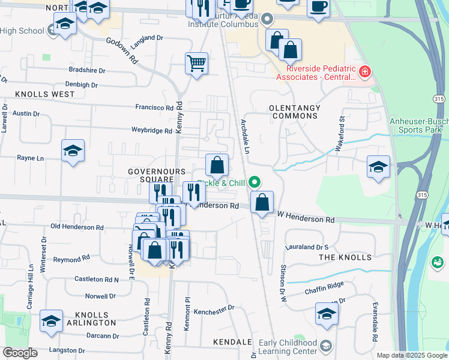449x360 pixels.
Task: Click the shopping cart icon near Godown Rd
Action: click(x=197, y=63)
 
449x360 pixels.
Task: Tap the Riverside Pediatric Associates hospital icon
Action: click(x=364, y=73)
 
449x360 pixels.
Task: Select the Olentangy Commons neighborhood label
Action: click(x=295, y=108)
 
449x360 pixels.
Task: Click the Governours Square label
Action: click(x=151, y=175)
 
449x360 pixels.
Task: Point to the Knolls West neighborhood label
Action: click(x=45, y=94)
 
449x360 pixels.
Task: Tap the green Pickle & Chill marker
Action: click(x=255, y=181)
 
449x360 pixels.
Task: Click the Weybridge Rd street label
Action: click(x=151, y=130)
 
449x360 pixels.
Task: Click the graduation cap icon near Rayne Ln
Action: click(x=73, y=151)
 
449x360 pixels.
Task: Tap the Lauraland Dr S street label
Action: click(x=307, y=247)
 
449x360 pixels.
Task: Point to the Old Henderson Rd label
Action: click(x=77, y=227)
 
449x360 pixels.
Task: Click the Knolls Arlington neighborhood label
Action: click(x=92, y=319)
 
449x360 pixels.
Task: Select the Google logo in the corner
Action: click(x=20, y=353)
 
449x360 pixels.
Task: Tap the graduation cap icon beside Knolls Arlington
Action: click(x=52, y=321)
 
